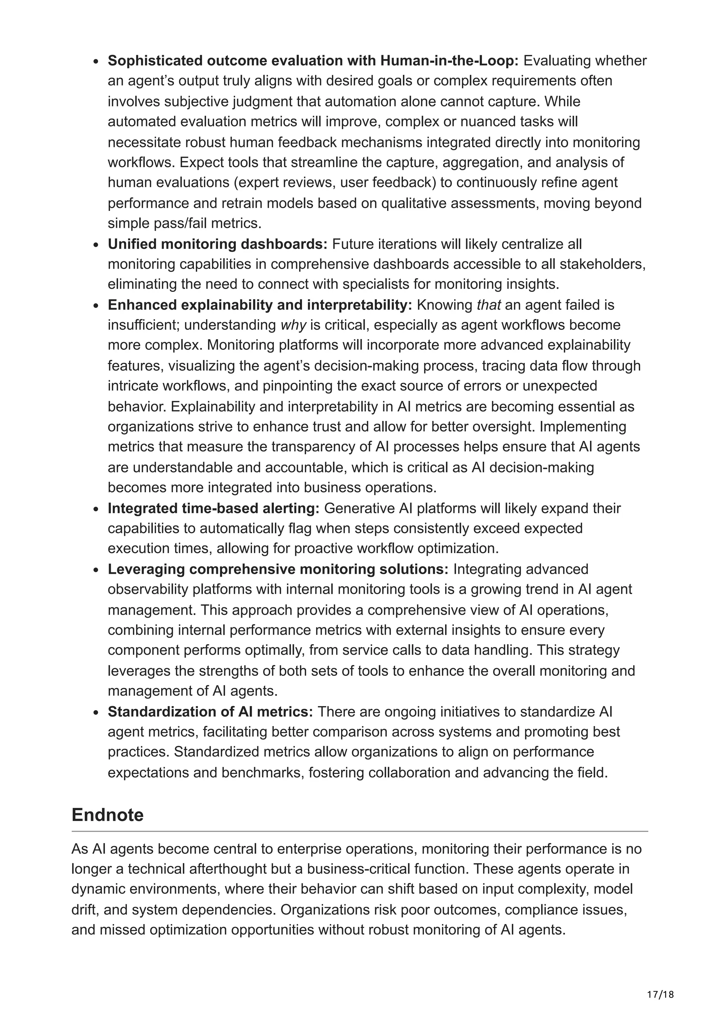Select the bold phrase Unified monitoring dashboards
pyautogui.click(x=217, y=244)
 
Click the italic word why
pyautogui.click(x=293, y=325)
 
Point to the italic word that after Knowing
pyautogui.click(x=488, y=305)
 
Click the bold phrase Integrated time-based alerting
pyautogui.click(x=213, y=508)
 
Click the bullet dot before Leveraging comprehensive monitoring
pyautogui.click(x=95, y=570)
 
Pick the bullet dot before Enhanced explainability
pyautogui.click(x=95, y=306)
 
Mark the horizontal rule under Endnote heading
pyautogui.click(x=359, y=831)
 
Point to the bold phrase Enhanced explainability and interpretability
pyautogui.click(x=260, y=305)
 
